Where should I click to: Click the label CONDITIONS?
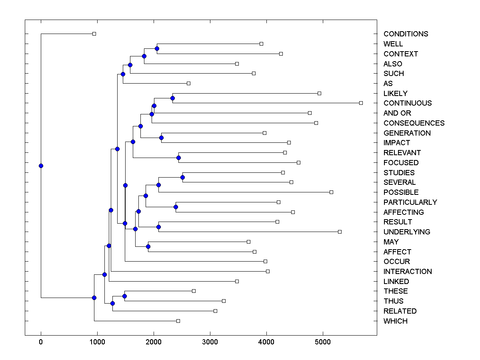click(406, 34)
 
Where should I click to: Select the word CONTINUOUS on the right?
click(408, 103)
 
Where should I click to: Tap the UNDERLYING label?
click(407, 232)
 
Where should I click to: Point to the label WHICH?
click(395, 321)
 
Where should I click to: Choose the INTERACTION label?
click(408, 272)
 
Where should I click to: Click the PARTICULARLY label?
click(410, 202)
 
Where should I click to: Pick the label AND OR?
click(397, 113)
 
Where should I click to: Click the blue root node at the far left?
click(41, 166)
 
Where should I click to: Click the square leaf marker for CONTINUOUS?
click(361, 103)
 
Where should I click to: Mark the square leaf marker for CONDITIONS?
click(94, 34)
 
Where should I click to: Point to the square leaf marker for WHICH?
click(178, 321)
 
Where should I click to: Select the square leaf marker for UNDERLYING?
click(340, 232)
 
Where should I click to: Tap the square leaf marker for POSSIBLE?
click(331, 192)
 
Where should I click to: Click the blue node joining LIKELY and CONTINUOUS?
click(173, 98)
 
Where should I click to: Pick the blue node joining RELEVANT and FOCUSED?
click(178, 158)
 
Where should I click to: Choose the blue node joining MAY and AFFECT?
click(148, 247)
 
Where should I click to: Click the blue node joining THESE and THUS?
click(124, 296)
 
